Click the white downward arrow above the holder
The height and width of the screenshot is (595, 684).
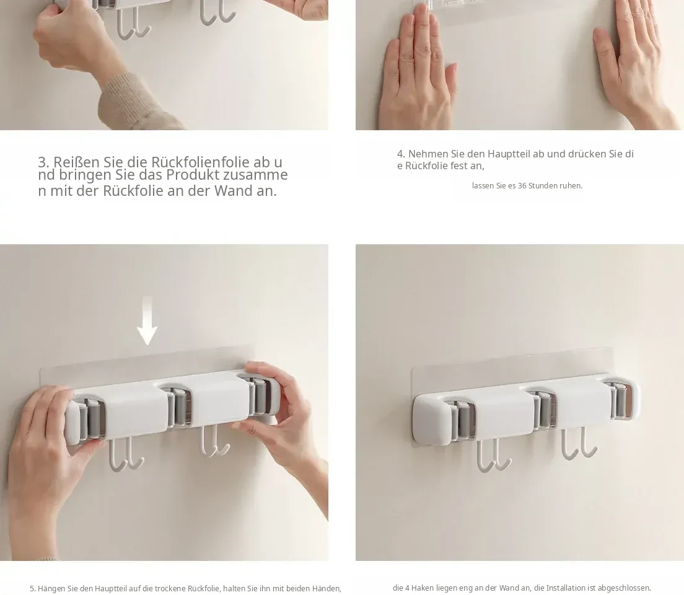pos(147,321)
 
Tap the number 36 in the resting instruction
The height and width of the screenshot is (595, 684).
pos(522,185)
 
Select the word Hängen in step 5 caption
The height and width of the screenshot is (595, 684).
pos(51,588)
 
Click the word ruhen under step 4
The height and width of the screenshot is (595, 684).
pos(571,185)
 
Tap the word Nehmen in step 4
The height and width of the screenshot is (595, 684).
pos(423,154)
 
